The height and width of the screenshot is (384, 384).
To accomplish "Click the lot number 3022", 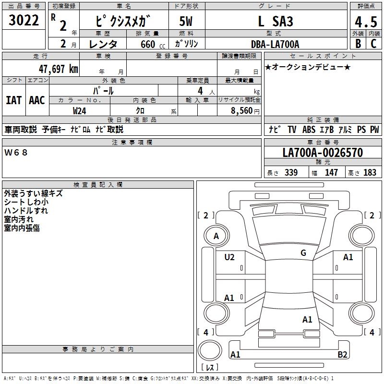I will [x=24, y=21].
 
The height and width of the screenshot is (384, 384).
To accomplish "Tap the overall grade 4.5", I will [x=364, y=22].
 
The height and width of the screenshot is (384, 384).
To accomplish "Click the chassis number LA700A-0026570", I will [x=323, y=153].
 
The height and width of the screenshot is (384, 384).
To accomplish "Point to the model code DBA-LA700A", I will [x=275, y=44].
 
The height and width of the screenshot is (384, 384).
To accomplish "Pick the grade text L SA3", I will [x=275, y=22].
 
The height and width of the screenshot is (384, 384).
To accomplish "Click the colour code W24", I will [x=79, y=110].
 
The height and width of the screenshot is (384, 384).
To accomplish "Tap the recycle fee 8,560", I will [x=241, y=110].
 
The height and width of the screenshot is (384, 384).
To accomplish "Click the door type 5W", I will [x=186, y=22].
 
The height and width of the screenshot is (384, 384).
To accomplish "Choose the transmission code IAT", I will [x=13, y=100].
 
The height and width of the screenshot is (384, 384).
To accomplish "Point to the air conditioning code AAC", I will [x=36, y=100].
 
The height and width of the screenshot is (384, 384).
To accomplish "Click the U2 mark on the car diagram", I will [x=229, y=257].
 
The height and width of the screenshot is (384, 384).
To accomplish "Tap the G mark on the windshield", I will [x=303, y=253].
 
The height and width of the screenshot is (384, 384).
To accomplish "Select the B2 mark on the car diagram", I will [x=356, y=354].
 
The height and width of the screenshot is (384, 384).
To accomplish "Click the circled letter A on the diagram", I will [x=216, y=236].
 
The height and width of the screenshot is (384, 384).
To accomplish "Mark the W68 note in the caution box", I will [x=16, y=153].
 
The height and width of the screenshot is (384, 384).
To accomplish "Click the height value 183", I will [x=370, y=172].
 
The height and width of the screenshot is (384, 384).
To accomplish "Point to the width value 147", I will [x=331, y=172].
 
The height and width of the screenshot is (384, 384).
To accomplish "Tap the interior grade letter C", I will [x=373, y=44].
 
